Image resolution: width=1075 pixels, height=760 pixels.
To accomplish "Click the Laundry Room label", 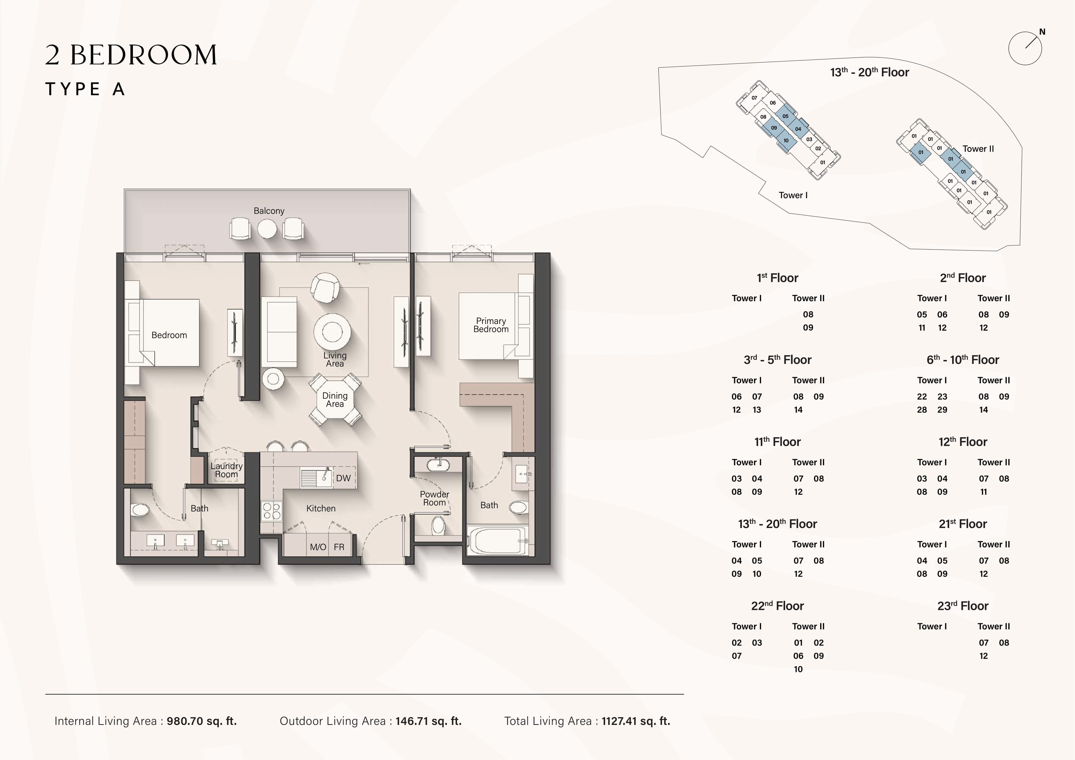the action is click(x=226, y=470).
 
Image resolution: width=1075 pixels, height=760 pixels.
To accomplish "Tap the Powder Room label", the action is click(x=434, y=498).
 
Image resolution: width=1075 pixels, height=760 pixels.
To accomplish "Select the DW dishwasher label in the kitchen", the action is click(x=343, y=478).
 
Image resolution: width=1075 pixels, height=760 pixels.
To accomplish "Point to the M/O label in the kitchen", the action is click(x=318, y=547).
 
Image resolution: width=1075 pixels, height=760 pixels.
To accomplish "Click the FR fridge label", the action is click(x=339, y=547).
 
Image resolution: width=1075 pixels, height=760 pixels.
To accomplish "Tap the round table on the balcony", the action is click(x=267, y=228).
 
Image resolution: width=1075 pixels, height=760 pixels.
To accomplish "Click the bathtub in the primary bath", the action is click(x=497, y=540).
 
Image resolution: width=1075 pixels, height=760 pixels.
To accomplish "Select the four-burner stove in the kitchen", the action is click(x=272, y=510).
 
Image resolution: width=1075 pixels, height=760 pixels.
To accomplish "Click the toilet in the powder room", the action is click(x=438, y=525).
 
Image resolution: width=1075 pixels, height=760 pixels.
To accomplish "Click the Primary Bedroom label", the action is click(x=491, y=325).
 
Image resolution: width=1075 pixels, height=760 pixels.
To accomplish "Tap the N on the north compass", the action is click(x=1042, y=32).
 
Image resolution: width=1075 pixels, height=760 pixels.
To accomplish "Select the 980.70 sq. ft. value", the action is click(x=202, y=721).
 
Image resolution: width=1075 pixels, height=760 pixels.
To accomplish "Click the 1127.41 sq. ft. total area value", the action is click(x=636, y=721).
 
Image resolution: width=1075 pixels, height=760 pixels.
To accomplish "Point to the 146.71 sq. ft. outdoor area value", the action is click(x=428, y=721).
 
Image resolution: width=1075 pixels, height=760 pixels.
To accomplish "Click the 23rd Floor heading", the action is click(x=963, y=606).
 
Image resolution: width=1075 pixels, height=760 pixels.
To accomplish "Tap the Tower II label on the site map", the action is click(x=978, y=149).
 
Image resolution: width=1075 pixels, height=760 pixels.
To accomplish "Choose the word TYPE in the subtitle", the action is click(x=72, y=89).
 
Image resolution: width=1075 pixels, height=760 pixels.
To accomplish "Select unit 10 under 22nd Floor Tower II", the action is click(x=798, y=669).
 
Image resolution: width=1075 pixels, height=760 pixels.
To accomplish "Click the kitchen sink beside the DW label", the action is click(x=316, y=478).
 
